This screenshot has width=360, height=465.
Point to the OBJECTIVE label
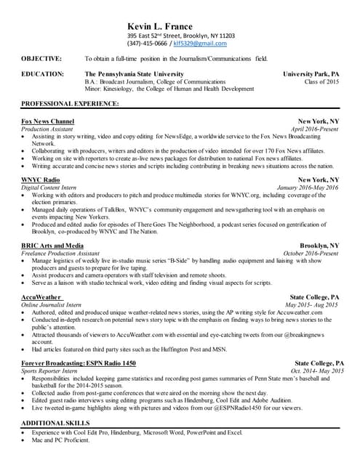tap(41, 58)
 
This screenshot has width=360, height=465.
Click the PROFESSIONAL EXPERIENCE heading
tap(70, 105)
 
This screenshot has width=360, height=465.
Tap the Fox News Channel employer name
tap(48, 121)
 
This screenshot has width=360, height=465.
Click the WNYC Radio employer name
tap(41, 179)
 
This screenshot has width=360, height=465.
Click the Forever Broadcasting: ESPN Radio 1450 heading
tap(79, 363)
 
